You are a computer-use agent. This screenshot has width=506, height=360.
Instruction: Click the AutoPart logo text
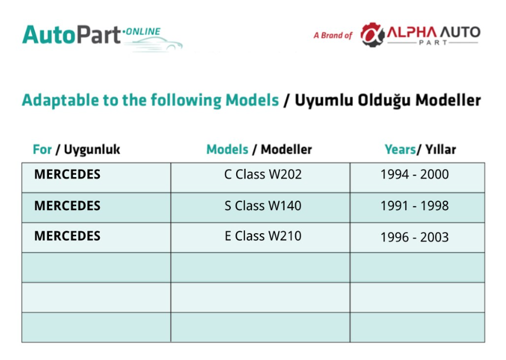click(71, 34)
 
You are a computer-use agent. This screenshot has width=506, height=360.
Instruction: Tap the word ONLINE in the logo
click(143, 32)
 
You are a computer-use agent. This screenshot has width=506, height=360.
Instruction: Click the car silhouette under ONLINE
click(154, 44)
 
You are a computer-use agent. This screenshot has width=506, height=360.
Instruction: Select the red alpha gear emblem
click(373, 34)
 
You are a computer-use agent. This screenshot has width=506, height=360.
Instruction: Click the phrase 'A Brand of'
click(332, 35)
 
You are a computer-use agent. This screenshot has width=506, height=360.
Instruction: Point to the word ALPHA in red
click(412, 32)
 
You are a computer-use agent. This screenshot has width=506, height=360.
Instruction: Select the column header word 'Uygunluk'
click(92, 150)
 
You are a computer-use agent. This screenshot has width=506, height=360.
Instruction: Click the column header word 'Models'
click(227, 149)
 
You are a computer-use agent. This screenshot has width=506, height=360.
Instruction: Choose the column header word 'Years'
click(400, 149)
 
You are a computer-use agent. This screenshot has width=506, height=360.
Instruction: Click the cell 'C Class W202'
click(263, 174)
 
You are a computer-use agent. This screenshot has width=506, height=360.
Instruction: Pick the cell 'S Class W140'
click(263, 205)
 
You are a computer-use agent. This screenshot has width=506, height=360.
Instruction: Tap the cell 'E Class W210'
click(263, 236)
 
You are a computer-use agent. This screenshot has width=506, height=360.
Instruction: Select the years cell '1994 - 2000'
click(414, 174)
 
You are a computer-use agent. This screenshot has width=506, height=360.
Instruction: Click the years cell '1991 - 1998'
click(414, 205)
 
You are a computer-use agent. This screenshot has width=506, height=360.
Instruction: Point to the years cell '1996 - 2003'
click(414, 237)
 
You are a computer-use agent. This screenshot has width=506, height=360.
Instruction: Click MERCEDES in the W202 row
click(67, 174)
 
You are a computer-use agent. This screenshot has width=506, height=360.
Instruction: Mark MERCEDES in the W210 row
click(67, 236)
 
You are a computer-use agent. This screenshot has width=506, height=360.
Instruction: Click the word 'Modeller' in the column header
click(286, 149)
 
